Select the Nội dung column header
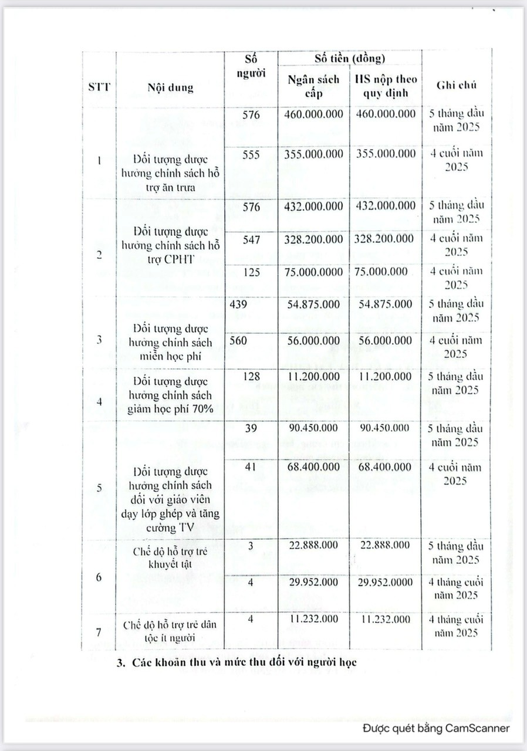click(170, 89)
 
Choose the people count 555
click(251, 154)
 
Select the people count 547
click(251, 239)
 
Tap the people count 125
click(251, 272)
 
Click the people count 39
click(251, 428)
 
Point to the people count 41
click(251, 467)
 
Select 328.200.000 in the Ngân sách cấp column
click(313, 239)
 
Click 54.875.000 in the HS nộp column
click(385, 304)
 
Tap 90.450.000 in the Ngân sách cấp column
click(313, 428)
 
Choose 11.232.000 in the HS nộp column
click(385, 619)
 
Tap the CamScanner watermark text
click(435, 728)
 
